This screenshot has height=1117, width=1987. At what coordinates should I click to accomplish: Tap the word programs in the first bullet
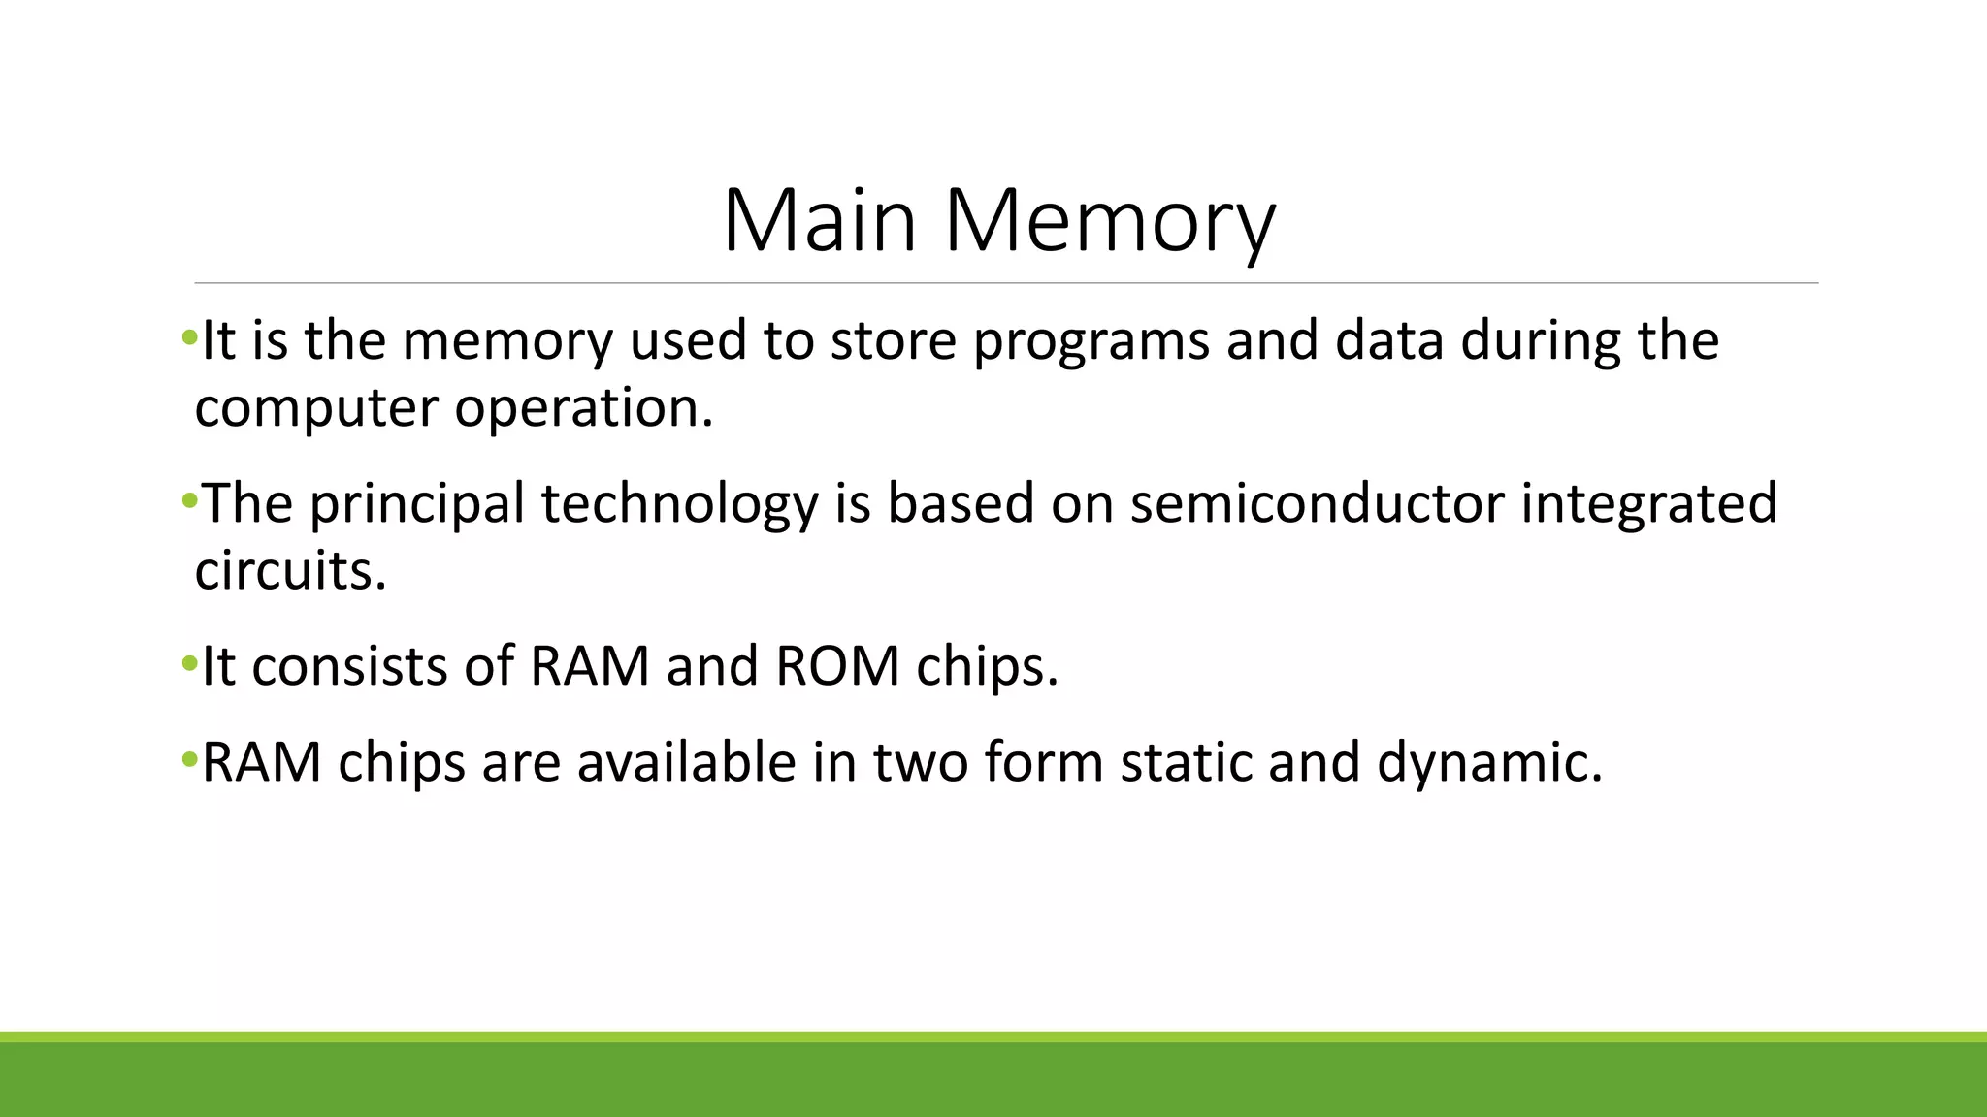(x=1091, y=341)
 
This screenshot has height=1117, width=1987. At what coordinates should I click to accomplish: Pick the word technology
(x=679, y=504)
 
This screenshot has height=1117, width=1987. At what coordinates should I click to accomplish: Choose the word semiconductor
(x=1317, y=504)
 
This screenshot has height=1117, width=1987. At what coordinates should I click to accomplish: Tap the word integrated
(x=1648, y=504)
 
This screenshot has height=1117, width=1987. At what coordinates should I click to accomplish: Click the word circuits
(x=290, y=570)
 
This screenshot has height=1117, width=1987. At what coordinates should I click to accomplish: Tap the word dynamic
(x=1489, y=762)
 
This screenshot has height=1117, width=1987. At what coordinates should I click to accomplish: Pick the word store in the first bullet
(x=893, y=341)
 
